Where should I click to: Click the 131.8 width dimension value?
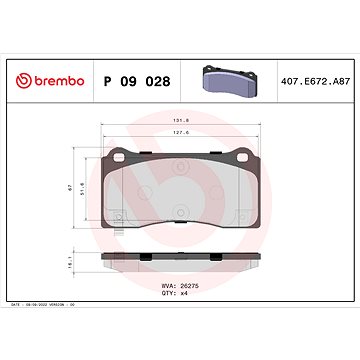(x=180, y=116)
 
